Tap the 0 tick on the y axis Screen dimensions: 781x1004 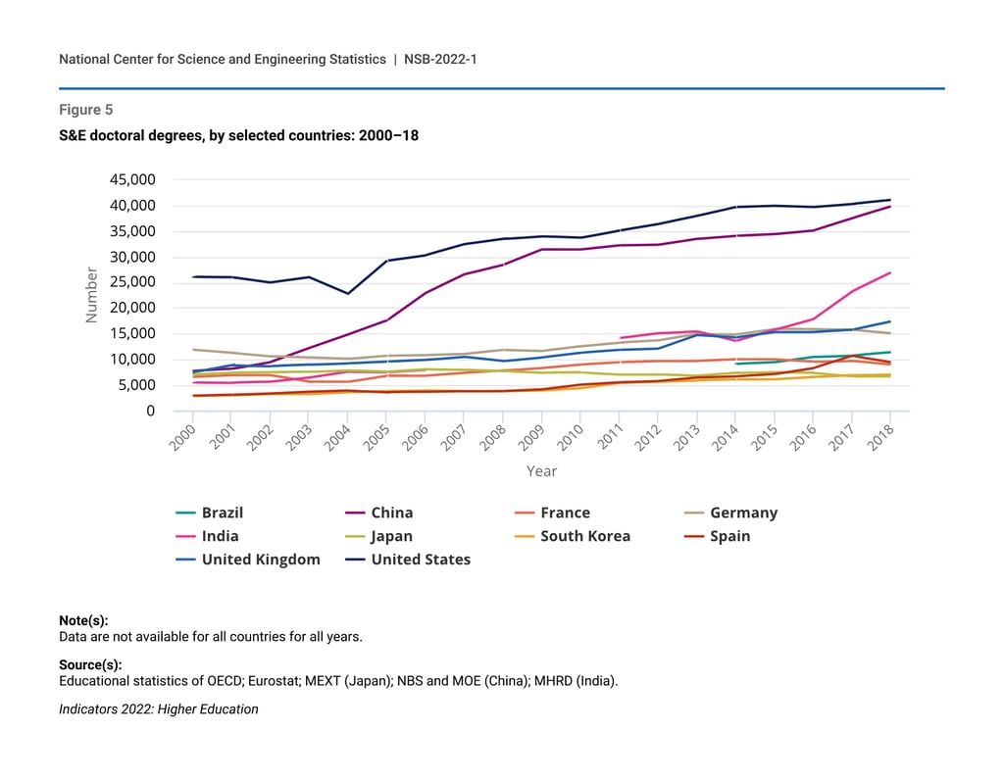[150, 412]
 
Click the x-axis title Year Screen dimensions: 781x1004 [541, 471]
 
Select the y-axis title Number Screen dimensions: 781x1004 [91, 295]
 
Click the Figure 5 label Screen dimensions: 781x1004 [85, 110]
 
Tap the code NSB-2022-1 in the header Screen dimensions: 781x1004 [440, 60]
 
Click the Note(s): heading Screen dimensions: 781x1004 [83, 620]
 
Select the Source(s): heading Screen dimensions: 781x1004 [90, 664]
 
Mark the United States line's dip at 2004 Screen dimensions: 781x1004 [347, 293]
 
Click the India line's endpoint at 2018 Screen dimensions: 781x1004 [890, 272]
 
